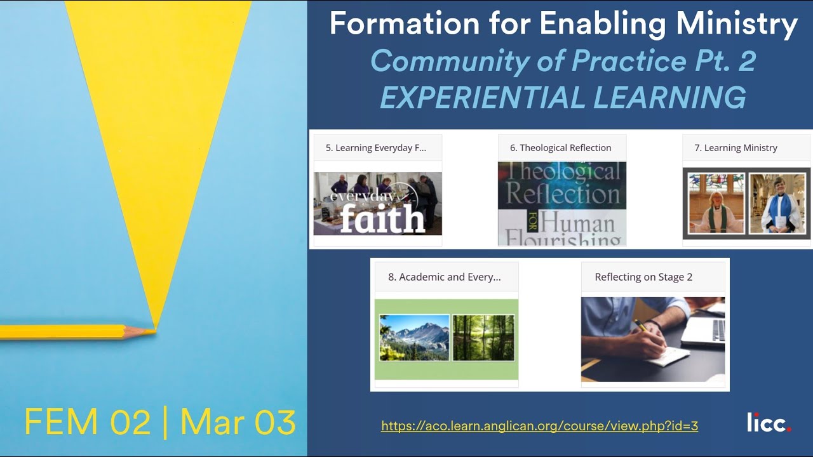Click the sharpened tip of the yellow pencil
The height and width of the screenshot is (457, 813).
coord(152,330)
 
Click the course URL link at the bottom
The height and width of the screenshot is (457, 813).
coord(539,426)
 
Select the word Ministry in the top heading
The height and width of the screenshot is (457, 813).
coord(737,25)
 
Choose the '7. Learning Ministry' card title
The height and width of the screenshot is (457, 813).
coord(736,148)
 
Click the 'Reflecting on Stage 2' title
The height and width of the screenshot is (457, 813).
coord(643,277)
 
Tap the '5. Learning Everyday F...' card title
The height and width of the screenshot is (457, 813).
coord(375,148)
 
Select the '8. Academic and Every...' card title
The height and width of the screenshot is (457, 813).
coord(444,277)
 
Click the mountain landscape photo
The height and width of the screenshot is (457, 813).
coord(414,338)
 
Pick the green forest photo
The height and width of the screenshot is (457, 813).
coord(483,338)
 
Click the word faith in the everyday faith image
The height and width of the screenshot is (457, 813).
coord(382,218)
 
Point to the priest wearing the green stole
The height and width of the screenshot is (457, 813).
coord(716,206)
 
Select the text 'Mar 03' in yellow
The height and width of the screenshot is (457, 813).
coord(238,423)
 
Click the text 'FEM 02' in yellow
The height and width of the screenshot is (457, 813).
coord(88,423)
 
